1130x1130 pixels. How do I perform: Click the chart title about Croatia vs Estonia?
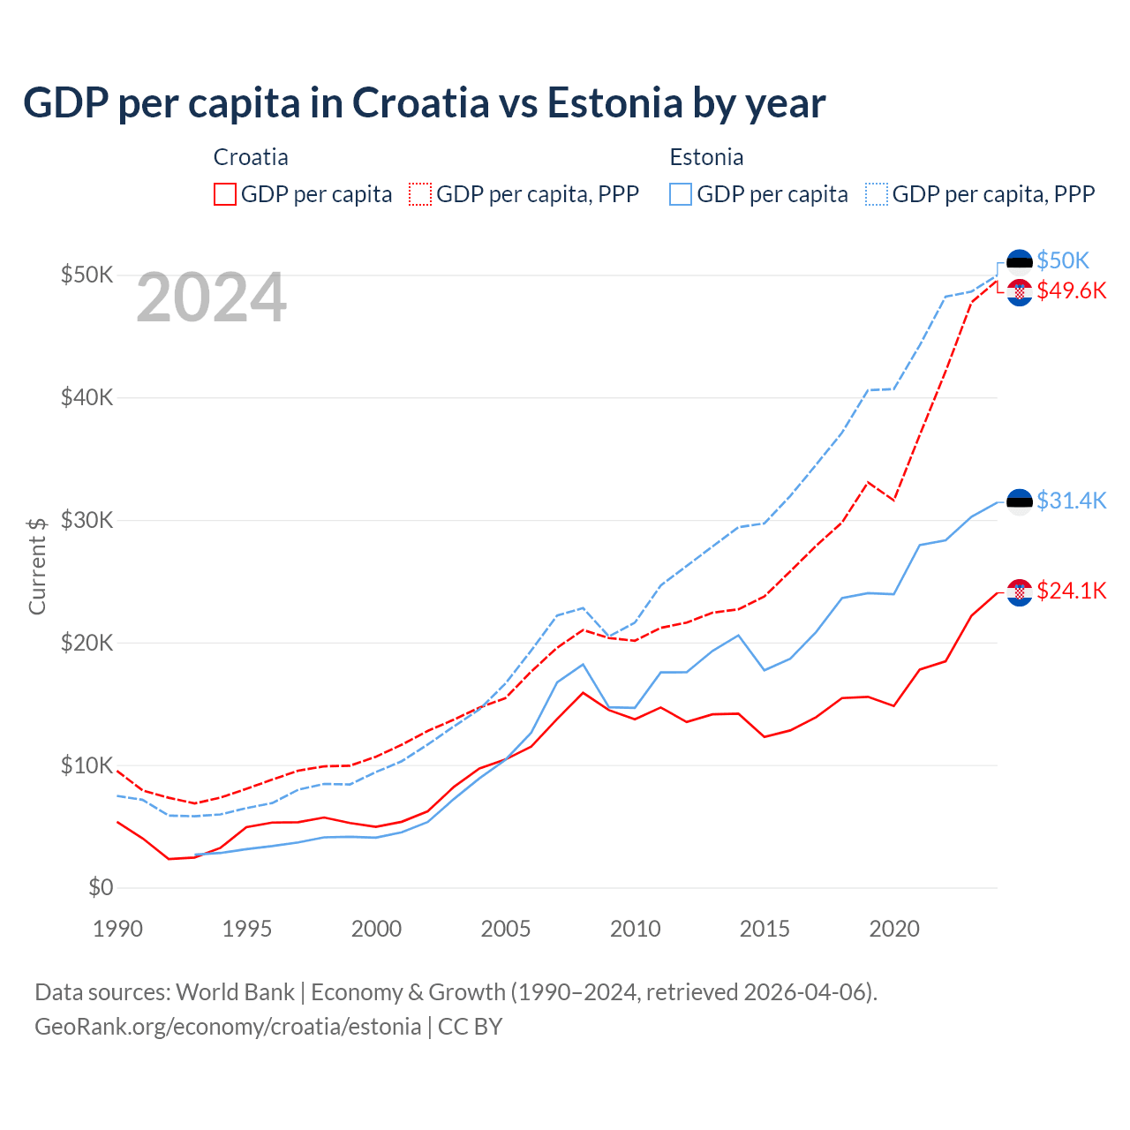click(424, 103)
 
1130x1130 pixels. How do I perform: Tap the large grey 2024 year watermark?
click(211, 298)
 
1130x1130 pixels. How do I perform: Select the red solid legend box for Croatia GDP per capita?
click(225, 194)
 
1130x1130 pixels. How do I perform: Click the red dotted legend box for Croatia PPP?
click(420, 194)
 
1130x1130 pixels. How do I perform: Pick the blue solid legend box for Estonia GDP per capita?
click(681, 194)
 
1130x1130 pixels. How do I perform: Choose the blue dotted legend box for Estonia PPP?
click(877, 194)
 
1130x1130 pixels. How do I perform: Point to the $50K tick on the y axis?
click(87, 275)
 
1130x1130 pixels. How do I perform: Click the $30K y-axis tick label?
click(87, 520)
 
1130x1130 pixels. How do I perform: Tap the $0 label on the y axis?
click(101, 887)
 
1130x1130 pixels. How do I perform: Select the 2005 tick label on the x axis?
click(506, 929)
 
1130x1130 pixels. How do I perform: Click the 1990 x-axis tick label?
click(117, 929)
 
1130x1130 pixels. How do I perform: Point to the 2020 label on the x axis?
click(894, 929)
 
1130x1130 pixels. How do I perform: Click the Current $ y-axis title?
click(37, 565)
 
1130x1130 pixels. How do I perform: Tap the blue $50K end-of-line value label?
click(1063, 260)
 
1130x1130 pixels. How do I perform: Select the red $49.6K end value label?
click(1071, 290)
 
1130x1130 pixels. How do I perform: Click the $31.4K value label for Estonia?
click(1071, 501)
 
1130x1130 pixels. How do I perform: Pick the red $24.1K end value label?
click(1071, 591)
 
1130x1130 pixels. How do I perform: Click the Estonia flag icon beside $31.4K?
click(1020, 501)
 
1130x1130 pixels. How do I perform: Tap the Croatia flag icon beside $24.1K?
click(1020, 592)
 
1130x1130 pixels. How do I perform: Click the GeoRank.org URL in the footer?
click(228, 1027)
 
